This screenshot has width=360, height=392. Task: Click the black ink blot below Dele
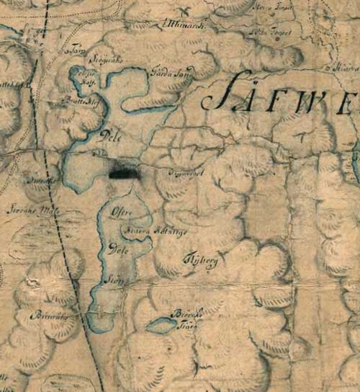point(124,171)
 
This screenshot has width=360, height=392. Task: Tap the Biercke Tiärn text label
point(183,317)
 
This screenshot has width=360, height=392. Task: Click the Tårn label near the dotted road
point(74,52)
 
